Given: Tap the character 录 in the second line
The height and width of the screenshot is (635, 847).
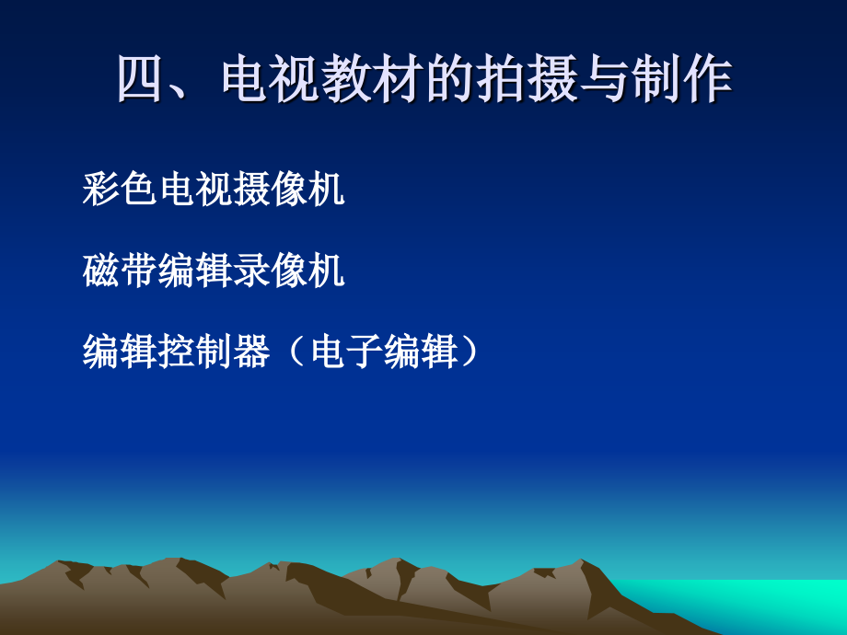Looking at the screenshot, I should point(251,271).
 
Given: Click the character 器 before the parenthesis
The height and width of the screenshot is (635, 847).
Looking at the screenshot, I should point(251,352).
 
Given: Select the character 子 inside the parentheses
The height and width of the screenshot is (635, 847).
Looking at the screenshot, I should point(365,352).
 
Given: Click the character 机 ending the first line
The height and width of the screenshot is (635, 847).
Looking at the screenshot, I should point(327,190).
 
